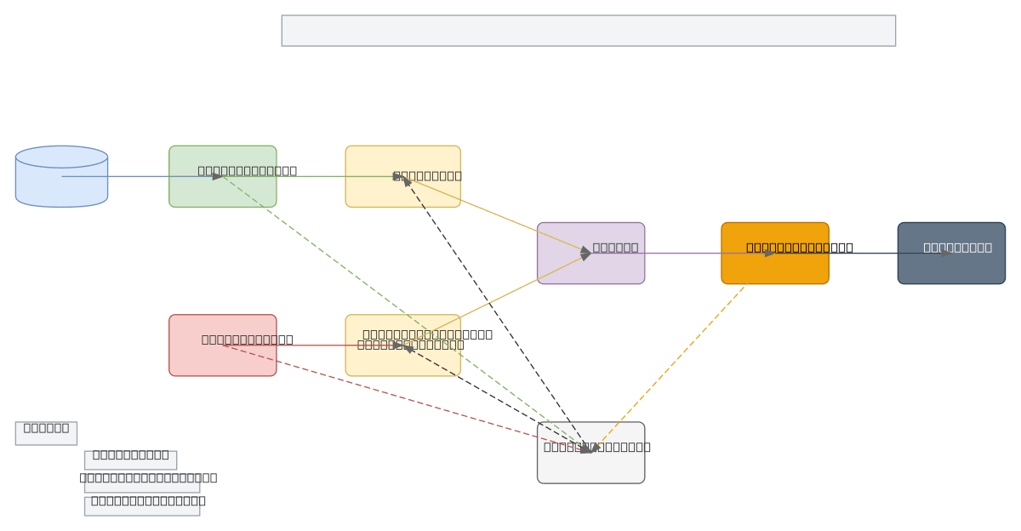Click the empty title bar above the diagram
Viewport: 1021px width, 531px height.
click(588, 31)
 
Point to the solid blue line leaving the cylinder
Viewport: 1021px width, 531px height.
click(136, 176)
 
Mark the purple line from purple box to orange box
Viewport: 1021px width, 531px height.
click(681, 253)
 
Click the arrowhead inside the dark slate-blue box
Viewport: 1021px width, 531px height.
click(946, 253)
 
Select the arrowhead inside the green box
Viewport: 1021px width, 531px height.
click(218, 176)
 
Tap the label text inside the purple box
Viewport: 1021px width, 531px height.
click(615, 248)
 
